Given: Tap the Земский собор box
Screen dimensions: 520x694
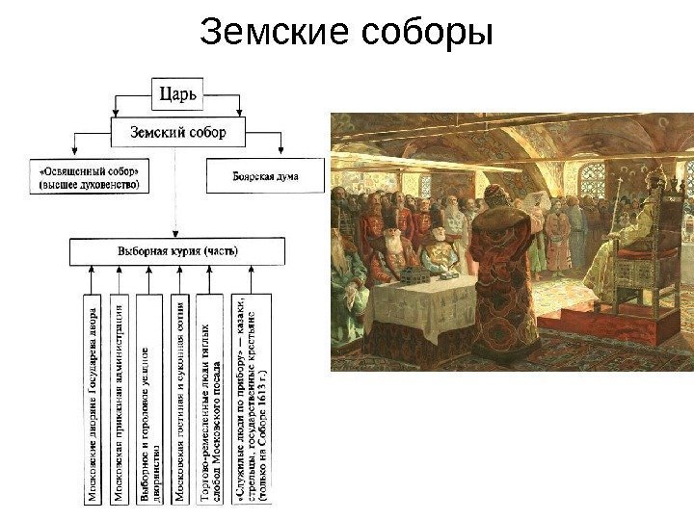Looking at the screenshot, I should [x=178, y=133].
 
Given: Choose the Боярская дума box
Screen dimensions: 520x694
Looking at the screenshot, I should [x=266, y=177].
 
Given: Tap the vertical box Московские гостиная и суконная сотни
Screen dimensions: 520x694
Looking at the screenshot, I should [x=181, y=399].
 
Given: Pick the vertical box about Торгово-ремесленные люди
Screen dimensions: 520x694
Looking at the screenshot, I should [x=209, y=399].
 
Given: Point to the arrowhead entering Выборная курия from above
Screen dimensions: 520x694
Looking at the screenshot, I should [x=176, y=233].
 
